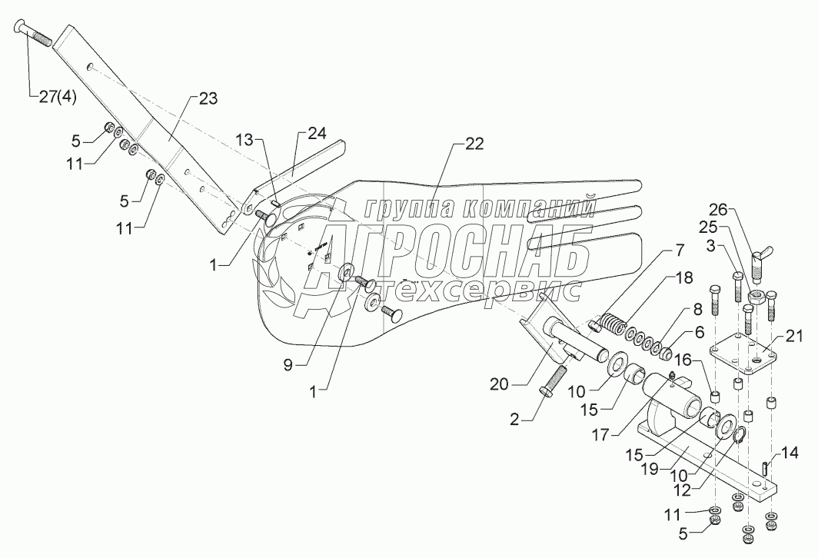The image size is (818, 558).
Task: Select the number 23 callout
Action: click(x=208, y=98)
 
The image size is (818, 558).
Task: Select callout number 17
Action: click(x=605, y=435)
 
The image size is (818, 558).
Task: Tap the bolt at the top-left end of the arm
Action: click(x=34, y=32)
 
